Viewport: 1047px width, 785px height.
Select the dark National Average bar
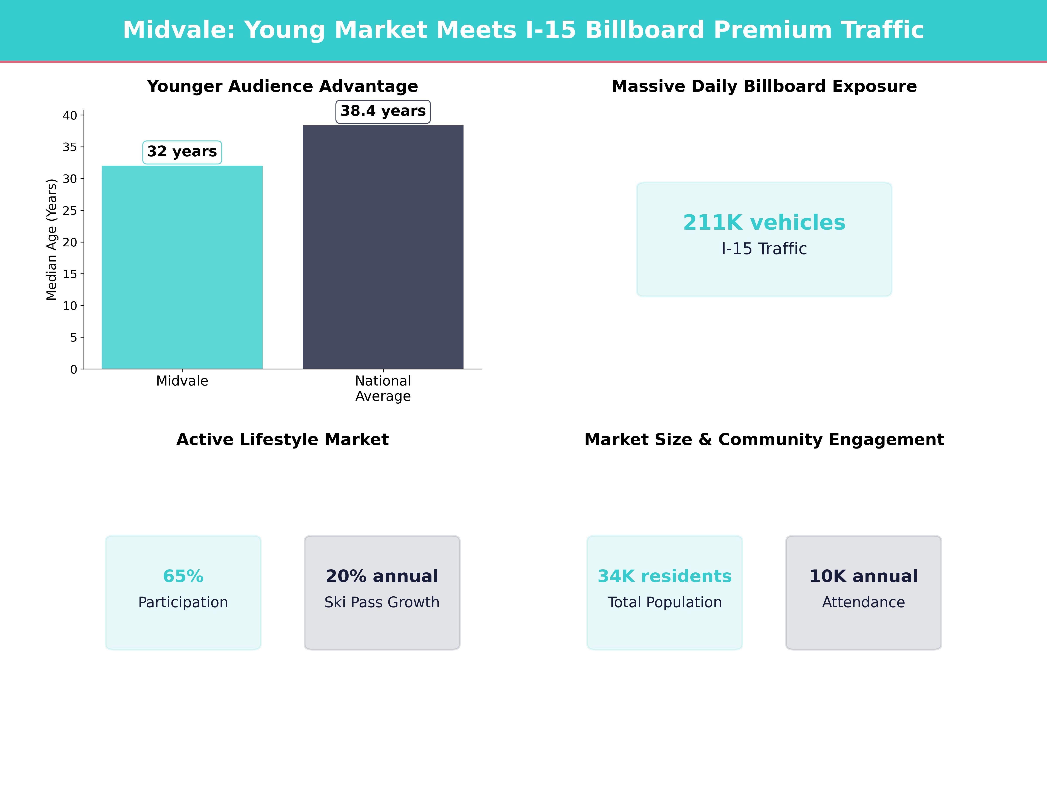383,247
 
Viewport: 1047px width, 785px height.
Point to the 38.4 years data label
383,111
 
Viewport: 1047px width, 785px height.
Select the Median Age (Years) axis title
51,239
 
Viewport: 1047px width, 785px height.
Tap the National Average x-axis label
383,389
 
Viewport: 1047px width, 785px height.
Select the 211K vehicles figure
764,222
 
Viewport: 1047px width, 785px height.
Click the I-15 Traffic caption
764,249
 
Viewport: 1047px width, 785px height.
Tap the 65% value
183,576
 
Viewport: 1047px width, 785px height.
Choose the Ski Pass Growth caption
382,602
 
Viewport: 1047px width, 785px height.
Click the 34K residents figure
665,576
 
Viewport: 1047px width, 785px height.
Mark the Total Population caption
665,602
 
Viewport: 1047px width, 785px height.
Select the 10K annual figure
863,576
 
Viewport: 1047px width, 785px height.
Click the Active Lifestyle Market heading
282,440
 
